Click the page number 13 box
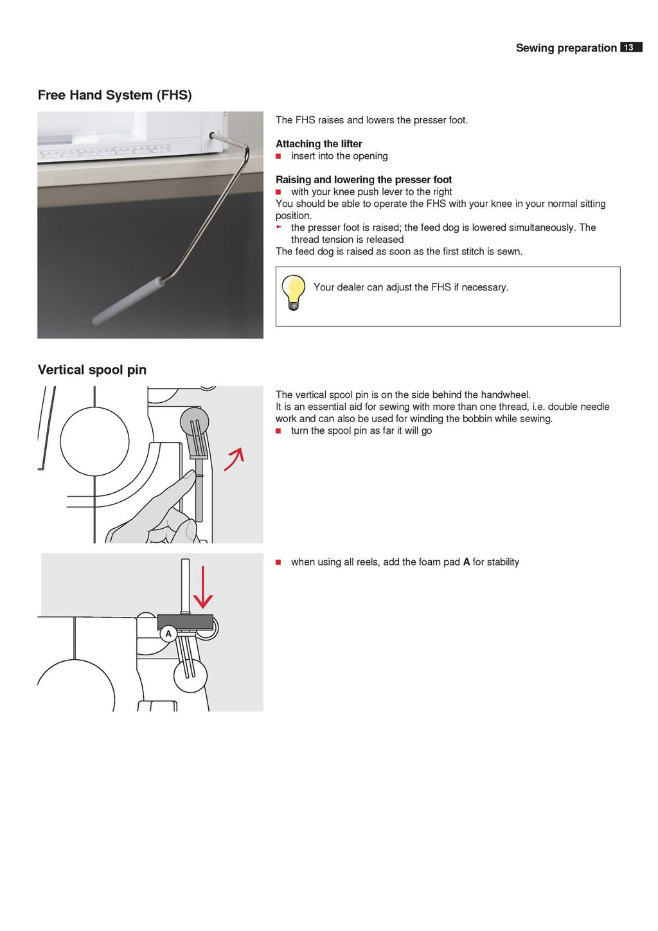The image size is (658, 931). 630,48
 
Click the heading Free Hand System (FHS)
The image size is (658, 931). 114,95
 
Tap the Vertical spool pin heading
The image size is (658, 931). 92,370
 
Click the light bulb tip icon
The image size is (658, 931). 294,292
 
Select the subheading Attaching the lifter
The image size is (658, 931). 319,144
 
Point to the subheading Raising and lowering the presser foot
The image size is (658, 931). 363,180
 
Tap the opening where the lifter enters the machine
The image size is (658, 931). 212,136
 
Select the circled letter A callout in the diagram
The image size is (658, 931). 168,634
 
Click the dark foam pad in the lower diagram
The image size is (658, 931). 185,621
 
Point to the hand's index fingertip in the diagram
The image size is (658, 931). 190,475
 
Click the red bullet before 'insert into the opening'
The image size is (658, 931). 279,156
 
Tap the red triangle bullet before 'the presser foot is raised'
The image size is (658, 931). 279,227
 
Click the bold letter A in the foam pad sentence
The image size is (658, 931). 466,562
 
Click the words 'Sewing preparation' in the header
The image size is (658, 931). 565,48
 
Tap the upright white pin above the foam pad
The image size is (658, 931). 185,585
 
